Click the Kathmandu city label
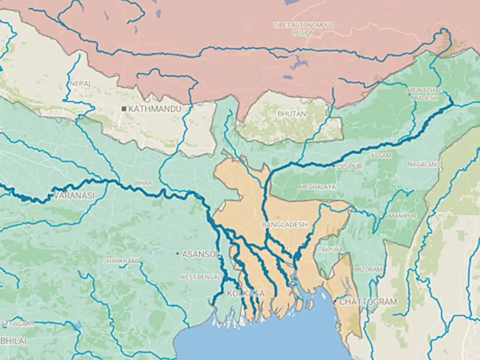[x=155, y=109]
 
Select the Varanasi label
[x=74, y=196]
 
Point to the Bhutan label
[x=292, y=114]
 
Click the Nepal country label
[x=81, y=84]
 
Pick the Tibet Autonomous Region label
[x=304, y=29]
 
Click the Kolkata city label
[x=245, y=294]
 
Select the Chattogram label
[x=368, y=302]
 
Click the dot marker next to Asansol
[x=178, y=253]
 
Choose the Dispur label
[x=350, y=166]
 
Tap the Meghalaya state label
[x=318, y=187]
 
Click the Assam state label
[x=381, y=156]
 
